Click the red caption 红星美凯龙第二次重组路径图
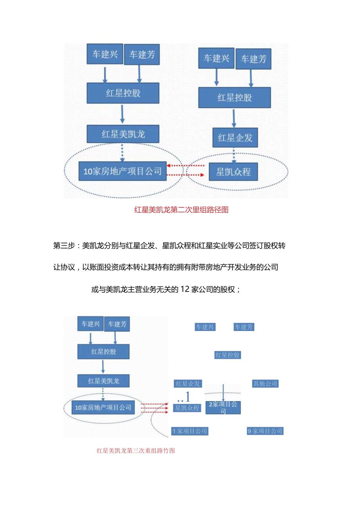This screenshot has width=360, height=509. (181, 210)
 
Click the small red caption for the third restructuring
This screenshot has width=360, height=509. (136, 450)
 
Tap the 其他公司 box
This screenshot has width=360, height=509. (265, 384)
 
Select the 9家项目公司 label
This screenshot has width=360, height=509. (265, 431)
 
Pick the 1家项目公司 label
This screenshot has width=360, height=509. (190, 431)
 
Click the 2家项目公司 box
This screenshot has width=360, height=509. (223, 407)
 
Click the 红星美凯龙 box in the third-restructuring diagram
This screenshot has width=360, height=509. (103, 381)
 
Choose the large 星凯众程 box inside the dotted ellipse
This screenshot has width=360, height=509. (234, 171)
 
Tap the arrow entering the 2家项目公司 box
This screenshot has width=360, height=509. (223, 392)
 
